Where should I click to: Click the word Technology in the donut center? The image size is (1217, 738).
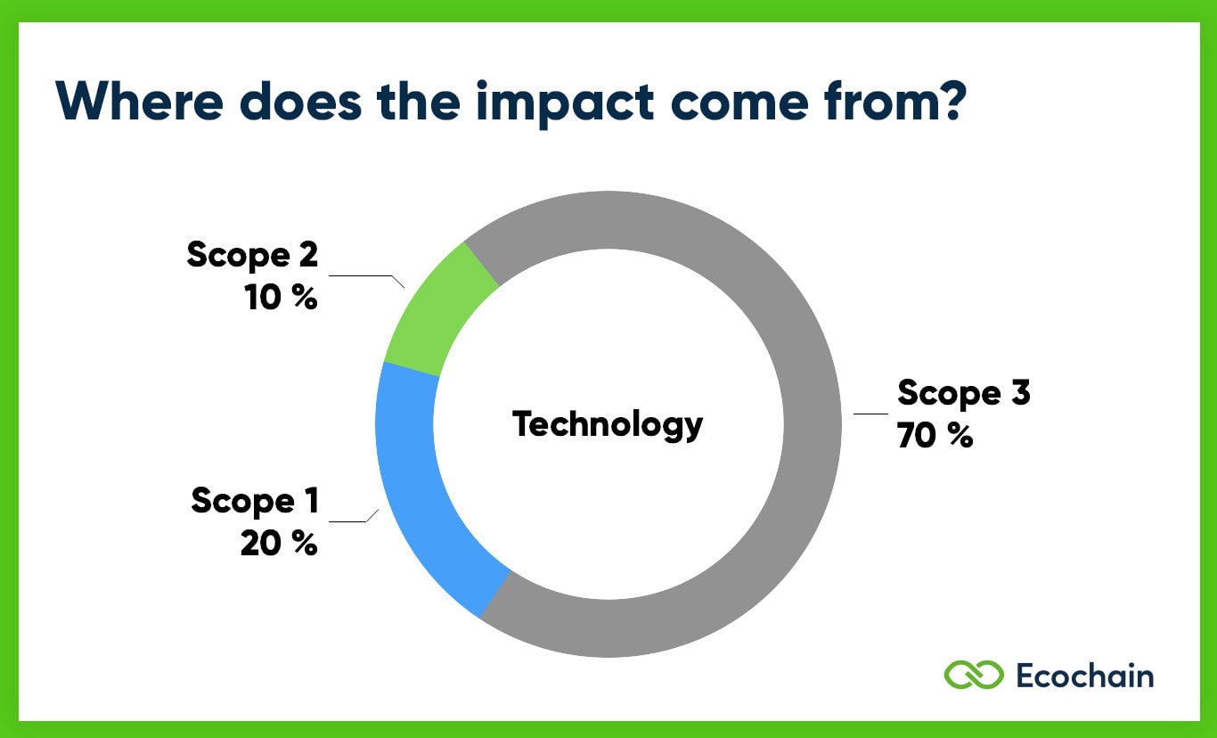pos(608,424)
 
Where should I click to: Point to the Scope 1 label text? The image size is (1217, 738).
pos(254,501)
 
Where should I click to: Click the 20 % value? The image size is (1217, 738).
pos(278,543)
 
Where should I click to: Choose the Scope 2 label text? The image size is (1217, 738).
pos(252,255)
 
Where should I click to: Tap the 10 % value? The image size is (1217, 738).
pos(281,298)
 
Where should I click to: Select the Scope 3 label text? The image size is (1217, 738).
pos(963,392)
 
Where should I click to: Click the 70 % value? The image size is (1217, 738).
pos(935,436)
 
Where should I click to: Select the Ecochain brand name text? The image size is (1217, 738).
pos(1084,676)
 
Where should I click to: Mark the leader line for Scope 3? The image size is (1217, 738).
pos(870,414)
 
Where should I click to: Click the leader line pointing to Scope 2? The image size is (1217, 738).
pos(365,276)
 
